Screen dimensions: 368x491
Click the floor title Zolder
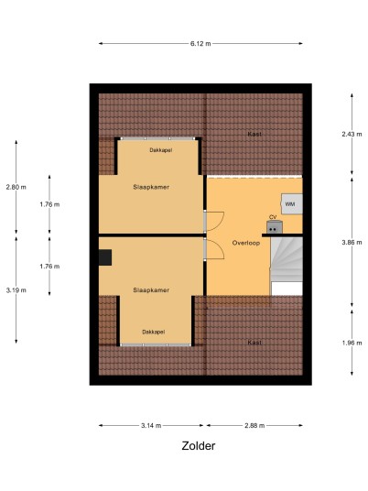199,445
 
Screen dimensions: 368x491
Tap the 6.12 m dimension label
200,44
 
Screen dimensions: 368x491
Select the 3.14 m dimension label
151,425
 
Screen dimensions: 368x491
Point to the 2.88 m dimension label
254,425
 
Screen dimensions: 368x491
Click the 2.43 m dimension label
352,134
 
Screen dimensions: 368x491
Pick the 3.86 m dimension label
352,243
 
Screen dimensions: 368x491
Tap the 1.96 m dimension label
352,343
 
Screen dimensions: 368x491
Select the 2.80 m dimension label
16,187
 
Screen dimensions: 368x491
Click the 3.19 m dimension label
16,290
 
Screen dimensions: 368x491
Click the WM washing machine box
292,204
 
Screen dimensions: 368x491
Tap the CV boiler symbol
275,227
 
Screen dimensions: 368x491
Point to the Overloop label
246,243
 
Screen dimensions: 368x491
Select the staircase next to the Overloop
287,267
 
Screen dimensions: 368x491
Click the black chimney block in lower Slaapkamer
105,257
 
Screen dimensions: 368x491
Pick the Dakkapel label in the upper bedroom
161,150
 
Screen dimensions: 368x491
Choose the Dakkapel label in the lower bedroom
154,332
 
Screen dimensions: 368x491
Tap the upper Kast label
254,134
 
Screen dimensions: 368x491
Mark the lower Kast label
254,343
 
